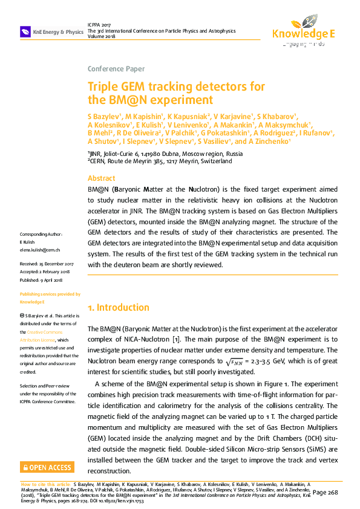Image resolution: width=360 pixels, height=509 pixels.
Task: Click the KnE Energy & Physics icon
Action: click(25, 31)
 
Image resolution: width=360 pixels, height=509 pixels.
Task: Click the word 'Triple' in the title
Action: click(103, 87)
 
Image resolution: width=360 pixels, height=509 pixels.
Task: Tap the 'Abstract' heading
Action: click(101, 178)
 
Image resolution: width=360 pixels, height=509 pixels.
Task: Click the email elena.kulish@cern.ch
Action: click(40, 250)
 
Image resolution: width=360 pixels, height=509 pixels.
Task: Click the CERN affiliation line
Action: click(159, 161)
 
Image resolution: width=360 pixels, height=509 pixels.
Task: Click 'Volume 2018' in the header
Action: click(102, 36)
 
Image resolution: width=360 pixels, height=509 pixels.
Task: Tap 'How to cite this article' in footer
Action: click(45, 485)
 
